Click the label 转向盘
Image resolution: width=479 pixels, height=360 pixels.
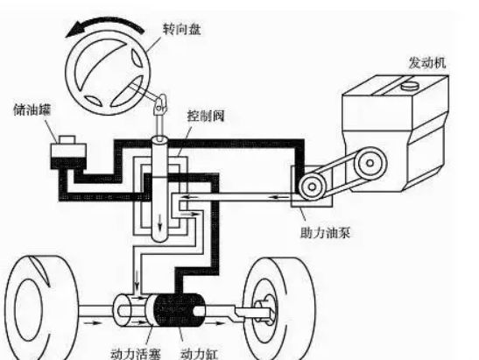tap(181, 30)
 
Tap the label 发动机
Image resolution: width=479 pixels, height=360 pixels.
tap(427, 63)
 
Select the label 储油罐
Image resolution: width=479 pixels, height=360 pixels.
tap(32, 109)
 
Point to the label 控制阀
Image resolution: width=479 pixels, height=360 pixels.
tap(206, 116)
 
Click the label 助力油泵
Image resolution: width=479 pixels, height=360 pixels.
tap(325, 233)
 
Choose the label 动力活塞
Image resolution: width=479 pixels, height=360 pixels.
tap(136, 353)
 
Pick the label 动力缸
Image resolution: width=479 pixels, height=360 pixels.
tap(200, 354)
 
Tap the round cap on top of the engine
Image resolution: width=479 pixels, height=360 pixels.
tap(410, 86)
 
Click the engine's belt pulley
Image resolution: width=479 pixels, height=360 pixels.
tap(370, 163)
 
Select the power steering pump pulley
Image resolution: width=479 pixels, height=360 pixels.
tap(312, 186)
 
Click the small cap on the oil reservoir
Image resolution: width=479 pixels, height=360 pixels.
tap(67, 139)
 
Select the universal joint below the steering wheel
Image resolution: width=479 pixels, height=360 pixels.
tap(160, 104)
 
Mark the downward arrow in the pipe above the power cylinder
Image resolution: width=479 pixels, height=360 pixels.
tap(137, 280)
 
